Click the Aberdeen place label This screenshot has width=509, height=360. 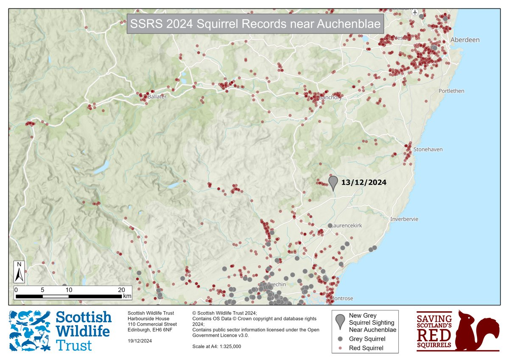(465, 40)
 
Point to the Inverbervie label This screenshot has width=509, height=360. (404, 219)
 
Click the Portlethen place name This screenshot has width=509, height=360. (451, 91)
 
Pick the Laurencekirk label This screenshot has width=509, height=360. (346, 226)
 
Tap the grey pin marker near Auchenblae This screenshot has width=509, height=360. (333, 182)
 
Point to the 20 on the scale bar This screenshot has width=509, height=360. (122, 290)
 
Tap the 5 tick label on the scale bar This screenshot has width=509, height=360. (42, 290)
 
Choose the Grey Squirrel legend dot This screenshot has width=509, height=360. (340, 339)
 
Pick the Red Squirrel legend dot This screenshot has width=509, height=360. (340, 348)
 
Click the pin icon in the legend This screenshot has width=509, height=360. (339, 321)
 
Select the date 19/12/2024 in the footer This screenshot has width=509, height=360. (140, 341)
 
